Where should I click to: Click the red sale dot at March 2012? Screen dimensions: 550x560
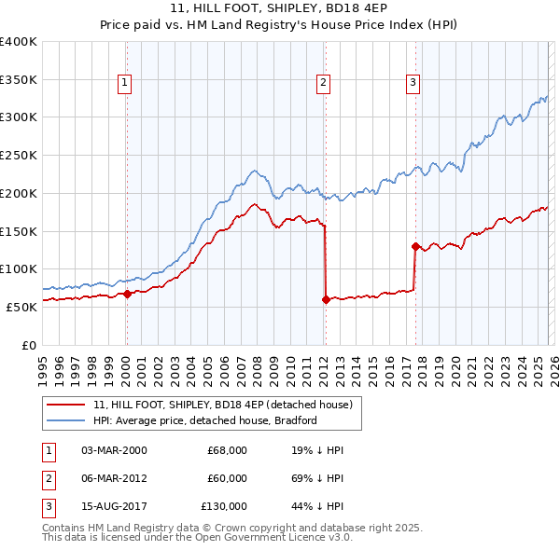326,299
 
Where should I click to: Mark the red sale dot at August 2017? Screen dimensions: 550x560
415,246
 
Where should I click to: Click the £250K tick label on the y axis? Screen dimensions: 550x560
19,156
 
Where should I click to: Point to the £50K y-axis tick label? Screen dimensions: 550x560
21,307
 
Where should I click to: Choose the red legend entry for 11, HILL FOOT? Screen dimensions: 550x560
222,405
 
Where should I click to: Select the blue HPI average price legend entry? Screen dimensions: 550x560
205,420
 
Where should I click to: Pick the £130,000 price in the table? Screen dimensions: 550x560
224,506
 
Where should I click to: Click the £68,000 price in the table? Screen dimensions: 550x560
227,450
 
